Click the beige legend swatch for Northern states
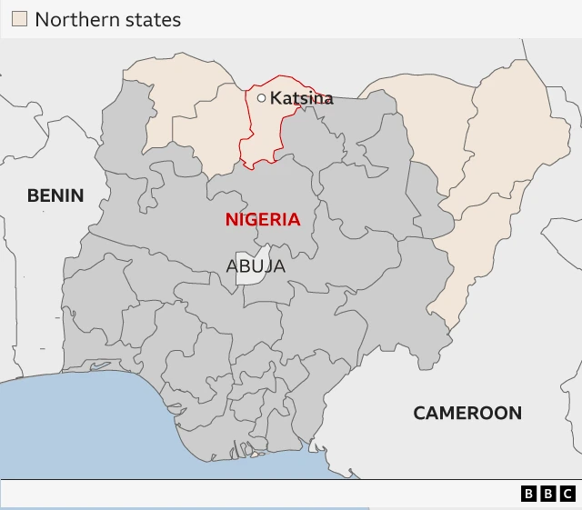(x=19, y=19)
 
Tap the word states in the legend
(x=150, y=19)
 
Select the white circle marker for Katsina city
(x=262, y=98)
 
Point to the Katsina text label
(x=301, y=98)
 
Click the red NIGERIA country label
(x=263, y=219)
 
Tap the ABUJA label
(x=256, y=266)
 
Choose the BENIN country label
(x=55, y=195)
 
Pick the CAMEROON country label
(x=467, y=413)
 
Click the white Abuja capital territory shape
(x=249, y=266)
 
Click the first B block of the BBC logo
(x=529, y=494)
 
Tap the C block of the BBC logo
(x=567, y=494)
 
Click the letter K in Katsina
(x=275, y=98)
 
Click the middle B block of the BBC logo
(x=548, y=494)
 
